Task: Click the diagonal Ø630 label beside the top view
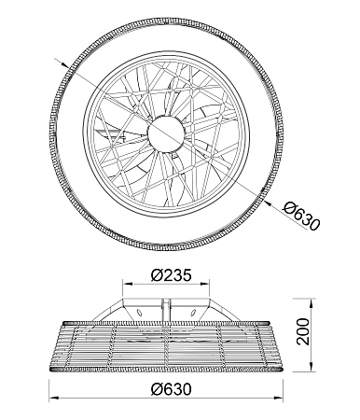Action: (301, 216)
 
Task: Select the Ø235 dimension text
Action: (171, 275)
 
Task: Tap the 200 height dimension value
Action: (303, 331)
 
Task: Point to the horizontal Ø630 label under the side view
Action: (172, 389)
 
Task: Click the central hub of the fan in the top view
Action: (166, 133)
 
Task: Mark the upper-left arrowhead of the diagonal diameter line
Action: (64, 64)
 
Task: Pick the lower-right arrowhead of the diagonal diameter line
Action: (267, 203)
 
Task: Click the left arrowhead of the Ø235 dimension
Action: (127, 284)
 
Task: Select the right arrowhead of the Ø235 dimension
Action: (205, 284)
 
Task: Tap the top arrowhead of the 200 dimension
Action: (312, 302)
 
